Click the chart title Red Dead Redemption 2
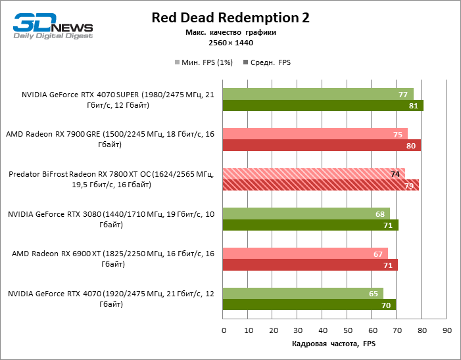[230, 17]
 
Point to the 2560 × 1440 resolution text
[230, 43]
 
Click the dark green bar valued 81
[323, 106]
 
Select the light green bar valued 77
[318, 94]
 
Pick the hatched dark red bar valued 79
[321, 185]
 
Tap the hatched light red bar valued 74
[314, 174]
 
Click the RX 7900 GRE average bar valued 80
[322, 146]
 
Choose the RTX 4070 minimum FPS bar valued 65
[303, 294]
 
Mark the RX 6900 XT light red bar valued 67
[305, 254]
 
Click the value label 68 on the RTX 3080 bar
[380, 214]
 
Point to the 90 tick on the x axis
[447, 330]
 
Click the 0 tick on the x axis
[224, 330]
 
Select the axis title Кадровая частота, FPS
[334, 344]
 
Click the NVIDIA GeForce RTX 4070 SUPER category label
[109, 100]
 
